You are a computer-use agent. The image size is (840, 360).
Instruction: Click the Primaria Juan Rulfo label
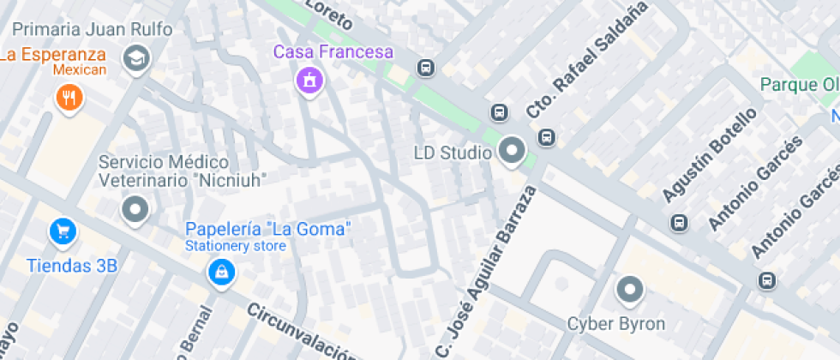coord(93,29)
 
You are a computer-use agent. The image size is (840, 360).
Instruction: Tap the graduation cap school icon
coord(135,59)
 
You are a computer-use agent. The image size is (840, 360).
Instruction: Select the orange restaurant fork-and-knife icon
coord(69,96)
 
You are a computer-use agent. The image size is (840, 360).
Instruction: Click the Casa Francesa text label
coord(333,51)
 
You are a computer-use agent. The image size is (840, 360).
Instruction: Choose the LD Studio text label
coord(452,153)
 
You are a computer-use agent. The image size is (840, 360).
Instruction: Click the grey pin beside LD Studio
coord(513,151)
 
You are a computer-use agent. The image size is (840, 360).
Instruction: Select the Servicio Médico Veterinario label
coord(183,171)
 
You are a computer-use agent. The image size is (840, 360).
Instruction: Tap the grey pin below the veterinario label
coord(135,208)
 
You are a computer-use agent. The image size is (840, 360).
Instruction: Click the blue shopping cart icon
coord(63,230)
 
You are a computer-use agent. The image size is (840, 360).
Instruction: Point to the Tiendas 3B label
coord(72,265)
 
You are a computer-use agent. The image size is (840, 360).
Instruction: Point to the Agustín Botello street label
coord(710,154)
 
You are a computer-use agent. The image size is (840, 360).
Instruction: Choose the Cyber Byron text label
coord(616,324)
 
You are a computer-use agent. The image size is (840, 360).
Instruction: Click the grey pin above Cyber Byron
coord(630,290)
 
